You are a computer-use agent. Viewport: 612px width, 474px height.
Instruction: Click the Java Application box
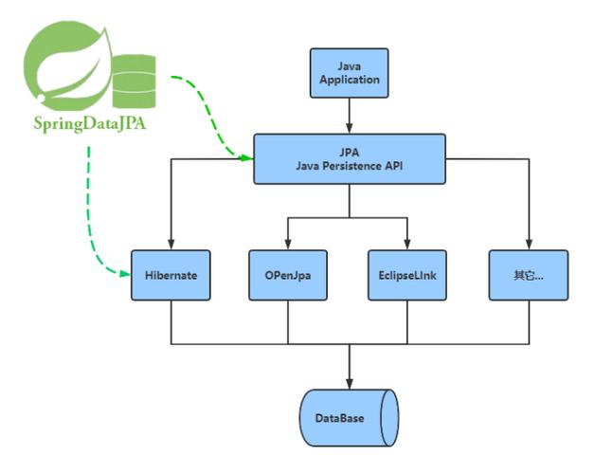(x=350, y=73)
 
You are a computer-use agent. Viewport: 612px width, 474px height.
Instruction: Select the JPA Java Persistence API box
(x=350, y=159)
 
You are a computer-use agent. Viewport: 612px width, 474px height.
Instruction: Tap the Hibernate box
(x=171, y=276)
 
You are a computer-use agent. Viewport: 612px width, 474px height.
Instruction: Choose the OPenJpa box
(x=288, y=276)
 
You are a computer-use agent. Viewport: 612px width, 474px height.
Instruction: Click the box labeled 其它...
(x=529, y=276)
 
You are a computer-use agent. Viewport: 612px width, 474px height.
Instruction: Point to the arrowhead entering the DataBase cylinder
(x=350, y=381)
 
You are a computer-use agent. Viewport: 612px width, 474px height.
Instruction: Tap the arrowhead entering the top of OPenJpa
(x=288, y=246)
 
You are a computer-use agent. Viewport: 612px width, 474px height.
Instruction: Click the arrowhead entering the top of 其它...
(x=529, y=246)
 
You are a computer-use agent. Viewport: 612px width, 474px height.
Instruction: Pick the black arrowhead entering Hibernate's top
(x=171, y=246)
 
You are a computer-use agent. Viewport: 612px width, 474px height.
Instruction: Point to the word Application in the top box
(x=350, y=80)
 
